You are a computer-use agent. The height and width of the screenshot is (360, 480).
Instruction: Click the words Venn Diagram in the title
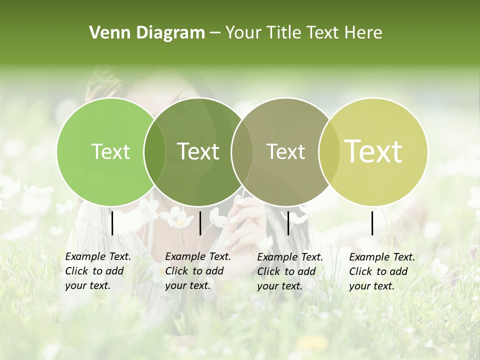tap(147, 33)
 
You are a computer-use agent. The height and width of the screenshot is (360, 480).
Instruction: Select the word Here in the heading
tap(363, 33)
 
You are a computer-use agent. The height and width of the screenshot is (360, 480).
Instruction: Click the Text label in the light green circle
tap(110, 151)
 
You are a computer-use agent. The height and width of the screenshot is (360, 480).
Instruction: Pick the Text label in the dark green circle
tap(198, 151)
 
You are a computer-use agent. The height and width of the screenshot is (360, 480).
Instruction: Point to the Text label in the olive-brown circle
tap(285, 151)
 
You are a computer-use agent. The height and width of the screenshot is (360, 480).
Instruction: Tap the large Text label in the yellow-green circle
tap(373, 151)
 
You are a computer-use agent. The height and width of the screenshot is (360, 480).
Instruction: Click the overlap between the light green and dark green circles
tap(154, 151)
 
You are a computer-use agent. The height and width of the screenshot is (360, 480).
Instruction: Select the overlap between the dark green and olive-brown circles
tap(241, 151)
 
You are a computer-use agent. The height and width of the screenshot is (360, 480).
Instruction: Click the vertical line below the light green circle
tap(112, 223)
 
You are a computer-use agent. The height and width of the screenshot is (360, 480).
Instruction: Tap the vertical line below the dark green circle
tap(200, 223)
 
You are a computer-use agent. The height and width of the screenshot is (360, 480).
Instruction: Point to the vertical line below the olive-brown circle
tap(288, 223)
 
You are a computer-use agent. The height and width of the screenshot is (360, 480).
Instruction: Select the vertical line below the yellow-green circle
tap(372, 223)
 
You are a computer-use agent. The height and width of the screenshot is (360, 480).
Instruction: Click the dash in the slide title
tap(215, 33)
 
